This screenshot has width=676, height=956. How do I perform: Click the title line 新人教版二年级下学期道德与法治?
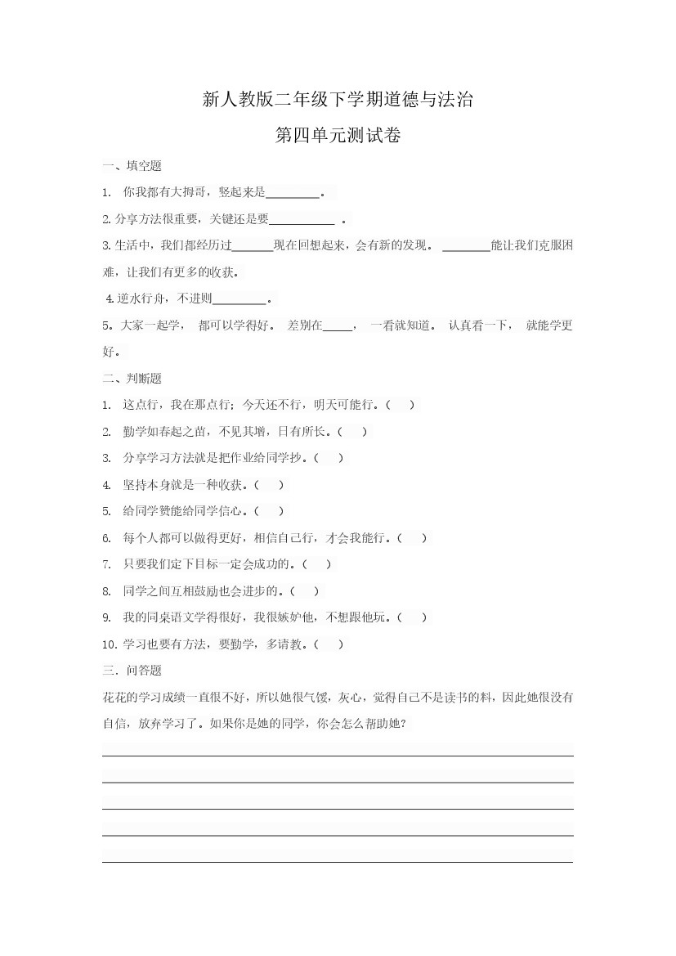click(x=338, y=101)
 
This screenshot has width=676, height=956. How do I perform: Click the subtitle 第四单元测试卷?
click(x=338, y=136)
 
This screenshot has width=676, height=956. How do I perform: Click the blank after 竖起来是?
click(x=293, y=193)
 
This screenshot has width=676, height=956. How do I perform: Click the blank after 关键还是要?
click(x=302, y=219)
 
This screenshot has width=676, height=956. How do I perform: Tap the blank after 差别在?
click(x=338, y=325)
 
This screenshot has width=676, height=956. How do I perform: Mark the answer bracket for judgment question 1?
click(x=401, y=405)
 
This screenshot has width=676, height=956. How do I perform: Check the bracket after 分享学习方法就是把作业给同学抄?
click(x=329, y=458)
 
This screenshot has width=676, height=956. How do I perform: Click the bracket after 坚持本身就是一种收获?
click(x=270, y=485)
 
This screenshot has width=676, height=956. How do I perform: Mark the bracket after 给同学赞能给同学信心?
click(x=270, y=511)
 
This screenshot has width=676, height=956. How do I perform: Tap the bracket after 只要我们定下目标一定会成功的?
click(x=317, y=564)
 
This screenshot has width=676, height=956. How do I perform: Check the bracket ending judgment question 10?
click(x=329, y=644)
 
